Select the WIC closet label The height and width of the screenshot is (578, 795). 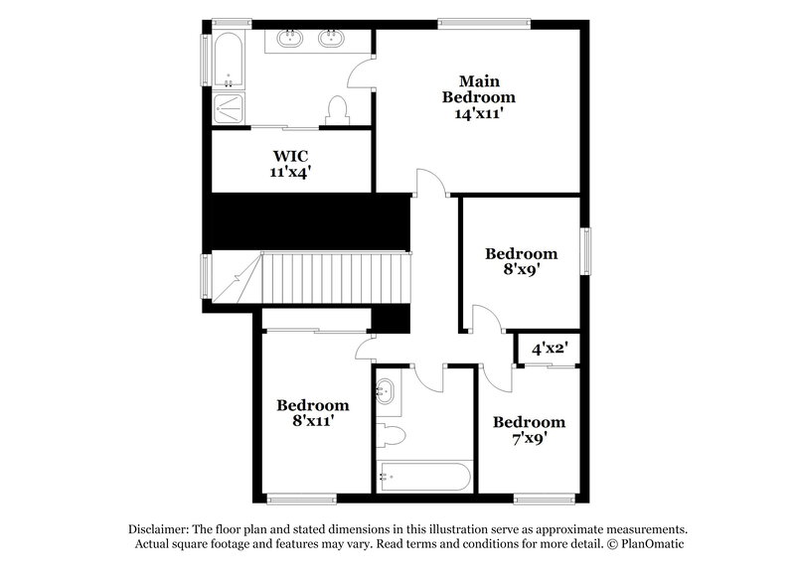(x=291, y=155)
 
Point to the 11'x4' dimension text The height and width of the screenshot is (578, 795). (x=291, y=172)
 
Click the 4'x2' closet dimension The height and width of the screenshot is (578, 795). (x=548, y=349)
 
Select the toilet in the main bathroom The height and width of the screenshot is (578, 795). (x=335, y=110)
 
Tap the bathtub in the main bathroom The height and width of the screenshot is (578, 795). (x=228, y=63)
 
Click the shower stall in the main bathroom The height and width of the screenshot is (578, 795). (x=228, y=108)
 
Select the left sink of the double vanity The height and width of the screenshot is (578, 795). (x=291, y=40)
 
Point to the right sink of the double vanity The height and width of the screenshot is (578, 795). (x=331, y=40)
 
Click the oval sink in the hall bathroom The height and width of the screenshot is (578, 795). (x=386, y=391)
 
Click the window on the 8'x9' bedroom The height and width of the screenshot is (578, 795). (x=586, y=256)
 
